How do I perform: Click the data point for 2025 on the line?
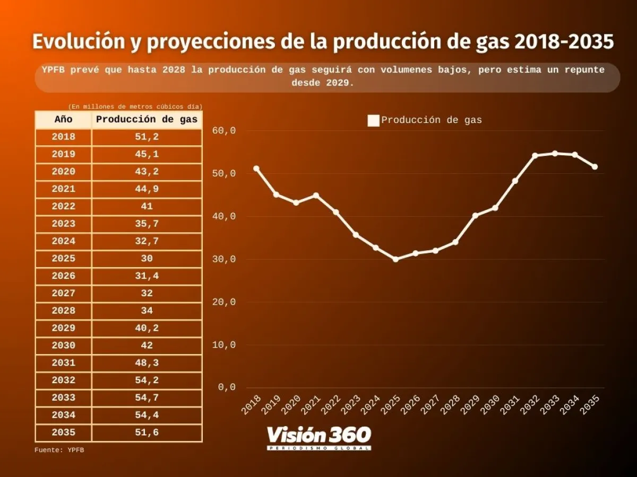(x=395, y=259)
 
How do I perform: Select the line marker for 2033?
(x=555, y=154)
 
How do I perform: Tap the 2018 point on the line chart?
(x=256, y=169)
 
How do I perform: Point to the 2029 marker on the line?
(x=475, y=216)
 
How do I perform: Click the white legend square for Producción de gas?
(x=374, y=121)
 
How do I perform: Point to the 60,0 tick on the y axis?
(x=223, y=131)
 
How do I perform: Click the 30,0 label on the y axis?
(x=223, y=260)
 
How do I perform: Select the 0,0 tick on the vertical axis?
(x=226, y=387)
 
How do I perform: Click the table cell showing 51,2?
(x=147, y=137)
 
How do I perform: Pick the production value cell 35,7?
(x=147, y=224)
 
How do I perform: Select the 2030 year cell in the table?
(x=63, y=346)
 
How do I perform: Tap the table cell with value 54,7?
(x=147, y=397)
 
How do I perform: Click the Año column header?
(x=63, y=120)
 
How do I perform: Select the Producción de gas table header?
(x=147, y=120)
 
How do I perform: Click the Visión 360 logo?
(x=318, y=438)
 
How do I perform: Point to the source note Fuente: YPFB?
(x=59, y=450)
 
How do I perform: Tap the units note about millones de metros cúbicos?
(x=135, y=107)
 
